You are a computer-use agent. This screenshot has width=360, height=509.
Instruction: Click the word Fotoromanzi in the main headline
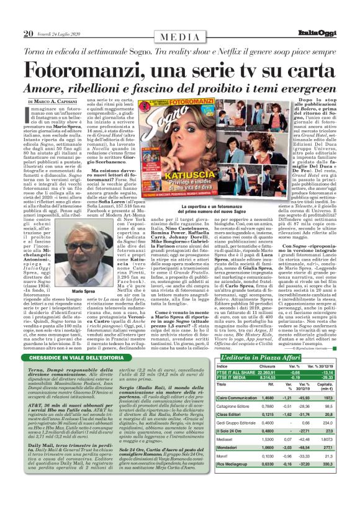(84, 68)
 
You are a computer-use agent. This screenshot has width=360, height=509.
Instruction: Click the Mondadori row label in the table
(229, 430)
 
